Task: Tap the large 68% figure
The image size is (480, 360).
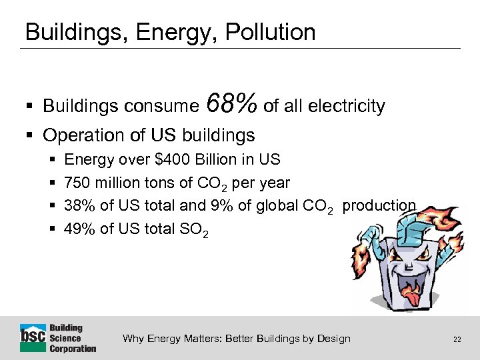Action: coord(231,104)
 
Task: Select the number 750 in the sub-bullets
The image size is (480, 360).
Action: coord(77,183)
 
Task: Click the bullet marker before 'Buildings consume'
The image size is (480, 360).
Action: coord(31,107)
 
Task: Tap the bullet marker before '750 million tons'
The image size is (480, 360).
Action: coord(53,183)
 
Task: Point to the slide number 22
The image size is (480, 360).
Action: coord(457,339)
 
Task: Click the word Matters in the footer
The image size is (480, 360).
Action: coord(200,339)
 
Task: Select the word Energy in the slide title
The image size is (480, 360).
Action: coord(161,32)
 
